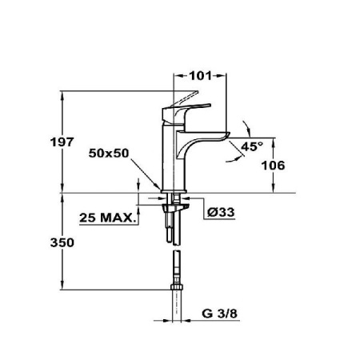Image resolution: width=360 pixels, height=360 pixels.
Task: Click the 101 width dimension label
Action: (x=200, y=77)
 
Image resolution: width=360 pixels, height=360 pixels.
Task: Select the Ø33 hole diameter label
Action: (x=219, y=212)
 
